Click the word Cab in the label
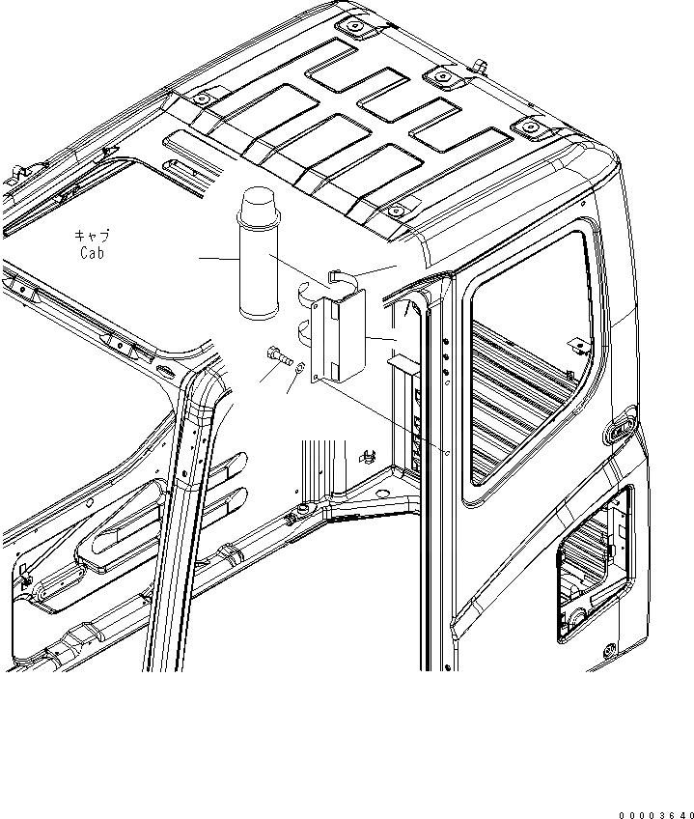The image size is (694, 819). click(93, 253)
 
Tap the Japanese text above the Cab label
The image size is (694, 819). click(92, 236)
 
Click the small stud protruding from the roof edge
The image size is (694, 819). click(478, 65)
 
